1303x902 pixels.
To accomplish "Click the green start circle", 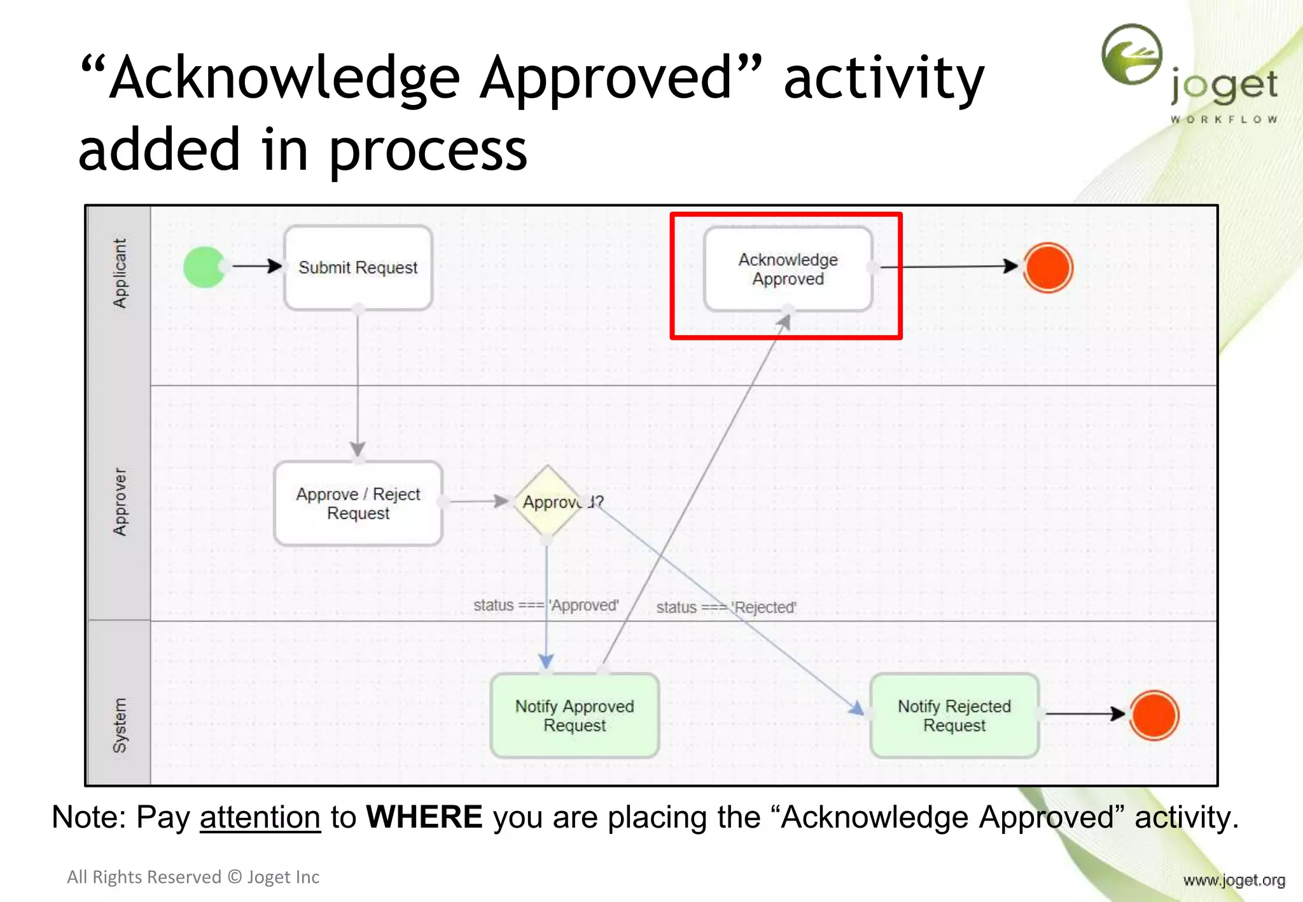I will point(204,267).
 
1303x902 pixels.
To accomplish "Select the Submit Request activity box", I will point(358,268).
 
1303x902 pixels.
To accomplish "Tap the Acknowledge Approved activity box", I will point(788,269).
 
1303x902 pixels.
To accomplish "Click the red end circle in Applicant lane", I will point(1048,268).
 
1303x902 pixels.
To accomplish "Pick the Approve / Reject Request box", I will point(358,503).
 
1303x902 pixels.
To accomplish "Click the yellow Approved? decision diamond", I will point(548,502).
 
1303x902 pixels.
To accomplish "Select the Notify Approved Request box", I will point(575,716).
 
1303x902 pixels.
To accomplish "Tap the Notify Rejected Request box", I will point(954,716).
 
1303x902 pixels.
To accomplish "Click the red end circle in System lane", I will point(1153,715).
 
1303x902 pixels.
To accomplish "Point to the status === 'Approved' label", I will point(546,605).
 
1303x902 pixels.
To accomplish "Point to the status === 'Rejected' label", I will point(726,607).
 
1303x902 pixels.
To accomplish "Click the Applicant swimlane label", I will point(120,274).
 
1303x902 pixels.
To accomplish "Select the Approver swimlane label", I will point(120,502).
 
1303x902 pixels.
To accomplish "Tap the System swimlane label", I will point(120,725).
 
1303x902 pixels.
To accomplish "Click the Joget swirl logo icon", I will point(1132,55).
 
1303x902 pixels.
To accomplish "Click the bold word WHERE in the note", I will point(424,817).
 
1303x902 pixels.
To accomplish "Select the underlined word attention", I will point(260,817).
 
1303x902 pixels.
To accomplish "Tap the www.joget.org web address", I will point(1234,880).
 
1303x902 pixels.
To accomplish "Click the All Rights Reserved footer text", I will point(193,877).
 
